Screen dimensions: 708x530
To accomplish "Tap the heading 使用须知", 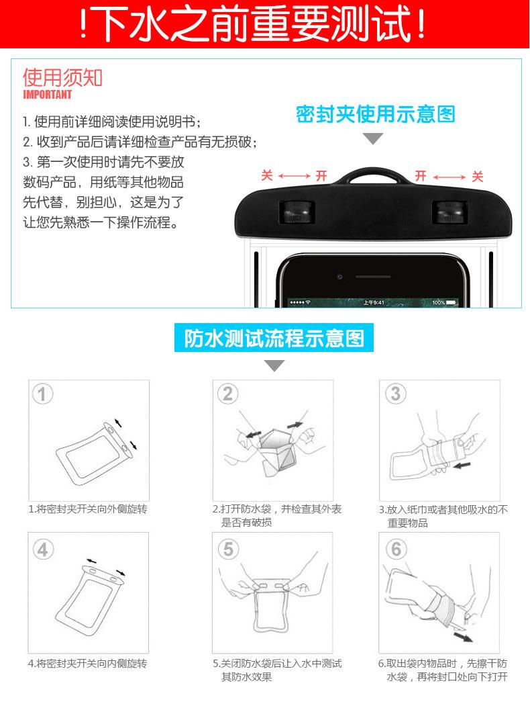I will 62,77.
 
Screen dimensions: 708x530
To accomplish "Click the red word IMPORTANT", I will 48,95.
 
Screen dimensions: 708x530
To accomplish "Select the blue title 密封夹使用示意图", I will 375,115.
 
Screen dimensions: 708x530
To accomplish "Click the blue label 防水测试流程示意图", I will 274,339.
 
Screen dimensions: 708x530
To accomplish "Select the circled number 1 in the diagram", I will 42,394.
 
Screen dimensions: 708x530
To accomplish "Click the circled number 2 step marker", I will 228,394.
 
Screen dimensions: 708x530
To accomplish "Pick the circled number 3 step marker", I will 395,394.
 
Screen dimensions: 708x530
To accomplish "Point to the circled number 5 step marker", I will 228,549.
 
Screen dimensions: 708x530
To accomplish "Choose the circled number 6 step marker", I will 395,549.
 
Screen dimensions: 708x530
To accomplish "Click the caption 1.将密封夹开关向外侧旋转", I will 87,509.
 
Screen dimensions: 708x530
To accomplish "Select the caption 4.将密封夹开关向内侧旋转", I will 87,663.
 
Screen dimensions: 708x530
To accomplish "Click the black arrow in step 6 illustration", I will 460,634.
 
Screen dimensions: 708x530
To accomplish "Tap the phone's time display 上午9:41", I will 374,303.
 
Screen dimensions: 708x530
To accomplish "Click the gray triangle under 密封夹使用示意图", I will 373,139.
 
